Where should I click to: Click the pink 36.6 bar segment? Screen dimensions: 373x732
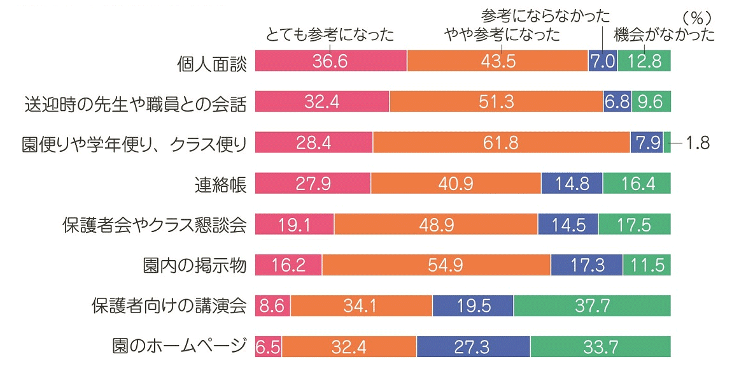[330, 61]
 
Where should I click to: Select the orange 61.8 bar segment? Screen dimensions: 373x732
[501, 143]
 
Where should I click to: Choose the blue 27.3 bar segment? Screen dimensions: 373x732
[473, 347]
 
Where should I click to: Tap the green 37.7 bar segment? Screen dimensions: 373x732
[592, 306]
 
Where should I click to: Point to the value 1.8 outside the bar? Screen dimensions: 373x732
[698, 143]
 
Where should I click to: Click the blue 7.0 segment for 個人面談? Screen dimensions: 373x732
[602, 61]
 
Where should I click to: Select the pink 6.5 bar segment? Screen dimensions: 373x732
[268, 347]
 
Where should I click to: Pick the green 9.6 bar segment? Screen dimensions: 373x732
[651, 102]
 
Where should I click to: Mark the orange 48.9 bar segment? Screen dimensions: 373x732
[435, 224]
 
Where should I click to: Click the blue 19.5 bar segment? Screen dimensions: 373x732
[472, 306]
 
